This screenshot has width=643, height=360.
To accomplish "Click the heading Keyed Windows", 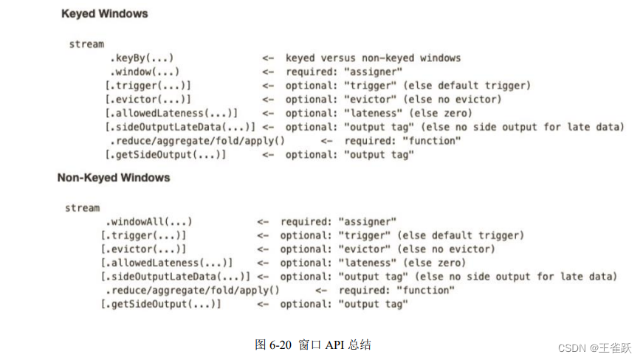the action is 104,13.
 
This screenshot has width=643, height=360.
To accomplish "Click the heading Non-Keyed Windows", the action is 114,178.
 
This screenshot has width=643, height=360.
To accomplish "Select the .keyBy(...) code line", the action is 142,58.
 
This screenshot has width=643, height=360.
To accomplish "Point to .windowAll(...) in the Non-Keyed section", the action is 148,221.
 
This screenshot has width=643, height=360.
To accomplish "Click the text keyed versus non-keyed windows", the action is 373,58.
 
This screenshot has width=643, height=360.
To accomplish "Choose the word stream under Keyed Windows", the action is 87,44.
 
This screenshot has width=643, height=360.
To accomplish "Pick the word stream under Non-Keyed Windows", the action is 83,208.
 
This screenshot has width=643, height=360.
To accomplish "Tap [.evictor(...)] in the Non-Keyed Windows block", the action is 143,249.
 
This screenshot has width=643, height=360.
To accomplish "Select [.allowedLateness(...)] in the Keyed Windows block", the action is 171,113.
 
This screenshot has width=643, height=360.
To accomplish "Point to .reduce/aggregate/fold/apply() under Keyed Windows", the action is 197,140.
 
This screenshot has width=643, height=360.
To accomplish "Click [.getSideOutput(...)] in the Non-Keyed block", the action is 161,304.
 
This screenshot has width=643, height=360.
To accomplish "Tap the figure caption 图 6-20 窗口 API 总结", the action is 312,345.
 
